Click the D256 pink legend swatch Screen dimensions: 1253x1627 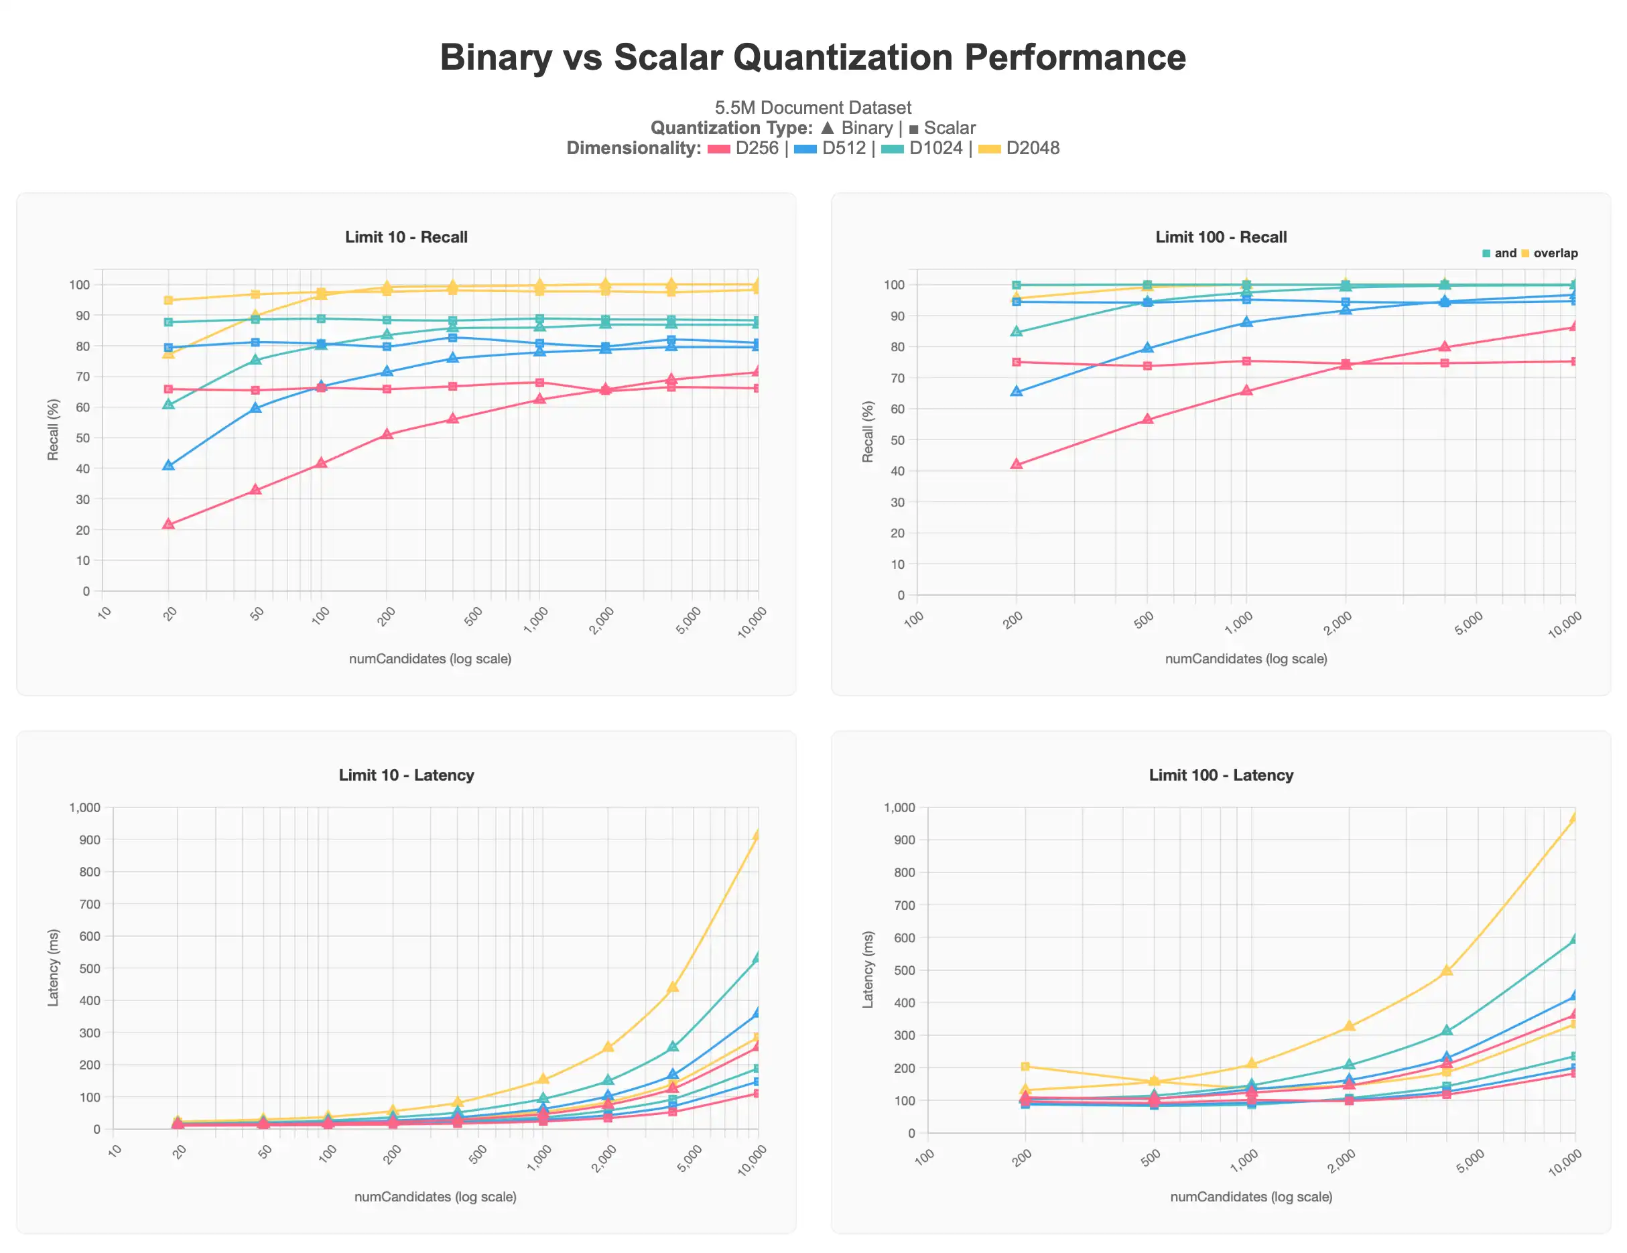[x=718, y=149]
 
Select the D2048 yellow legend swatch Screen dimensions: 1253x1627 [x=988, y=149]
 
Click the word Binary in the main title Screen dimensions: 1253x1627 [x=495, y=58]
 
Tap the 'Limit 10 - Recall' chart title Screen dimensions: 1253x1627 [x=406, y=237]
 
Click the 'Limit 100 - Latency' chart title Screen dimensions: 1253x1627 [x=1220, y=775]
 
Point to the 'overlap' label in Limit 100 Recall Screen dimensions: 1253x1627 [x=1555, y=253]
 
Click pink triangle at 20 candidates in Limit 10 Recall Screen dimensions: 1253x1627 [x=168, y=525]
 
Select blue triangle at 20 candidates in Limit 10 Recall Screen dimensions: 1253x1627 [x=168, y=465]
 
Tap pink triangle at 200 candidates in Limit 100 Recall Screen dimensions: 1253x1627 [x=1016, y=464]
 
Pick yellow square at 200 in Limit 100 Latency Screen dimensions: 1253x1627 [x=1025, y=1066]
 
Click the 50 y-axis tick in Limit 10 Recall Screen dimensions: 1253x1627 [x=82, y=438]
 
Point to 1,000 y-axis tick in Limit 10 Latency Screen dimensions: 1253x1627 [x=84, y=807]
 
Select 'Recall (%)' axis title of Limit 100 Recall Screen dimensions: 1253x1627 [x=867, y=432]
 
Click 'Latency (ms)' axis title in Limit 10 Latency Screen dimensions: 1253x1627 [x=53, y=968]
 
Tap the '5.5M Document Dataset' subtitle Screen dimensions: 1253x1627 [x=813, y=108]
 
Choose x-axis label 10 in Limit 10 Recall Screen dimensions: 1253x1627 [x=105, y=613]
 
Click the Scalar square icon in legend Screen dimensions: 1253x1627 [x=914, y=129]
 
